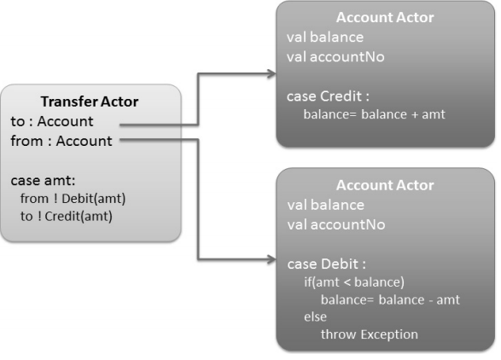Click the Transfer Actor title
click(x=90, y=102)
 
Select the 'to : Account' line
click(x=52, y=121)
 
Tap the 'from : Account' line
click(x=61, y=141)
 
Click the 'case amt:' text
click(x=43, y=181)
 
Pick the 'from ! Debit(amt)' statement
click(x=73, y=199)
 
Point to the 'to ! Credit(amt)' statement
click(x=67, y=216)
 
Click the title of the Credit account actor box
click(x=385, y=17)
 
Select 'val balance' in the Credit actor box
click(x=325, y=37)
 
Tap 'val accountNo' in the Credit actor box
click(x=335, y=57)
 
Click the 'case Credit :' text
click(x=328, y=96)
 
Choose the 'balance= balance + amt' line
click(x=374, y=114)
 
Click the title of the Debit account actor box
click(x=385, y=185)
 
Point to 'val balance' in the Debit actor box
click(x=326, y=205)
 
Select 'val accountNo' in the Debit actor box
click(x=336, y=224)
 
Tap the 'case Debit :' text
click(x=327, y=264)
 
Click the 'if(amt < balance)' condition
click(x=354, y=282)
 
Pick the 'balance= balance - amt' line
click(x=390, y=299)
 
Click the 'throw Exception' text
click(x=370, y=334)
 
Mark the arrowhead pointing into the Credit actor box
click(x=271, y=74)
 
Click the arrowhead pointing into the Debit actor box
click(x=271, y=259)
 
